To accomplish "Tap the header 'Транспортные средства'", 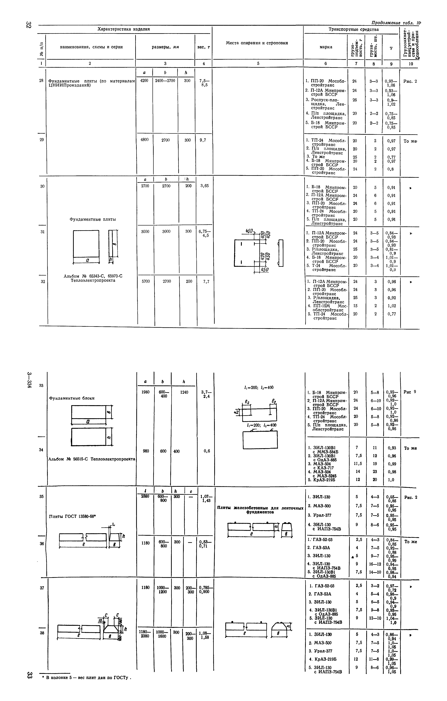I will (x=353, y=29).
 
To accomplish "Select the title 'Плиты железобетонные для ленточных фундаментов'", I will (x=260, y=510).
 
